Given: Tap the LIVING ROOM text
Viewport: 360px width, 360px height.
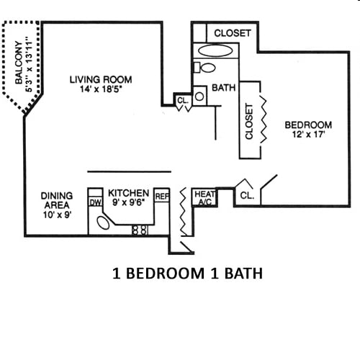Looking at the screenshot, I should tap(101, 79).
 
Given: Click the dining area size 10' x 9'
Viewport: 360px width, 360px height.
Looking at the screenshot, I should tap(56, 215).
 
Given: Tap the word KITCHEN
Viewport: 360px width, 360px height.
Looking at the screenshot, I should tap(128, 194).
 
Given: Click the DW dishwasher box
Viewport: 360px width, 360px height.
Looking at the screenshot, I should tap(95, 202).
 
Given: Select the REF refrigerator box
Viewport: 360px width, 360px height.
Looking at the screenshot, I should tap(162, 194).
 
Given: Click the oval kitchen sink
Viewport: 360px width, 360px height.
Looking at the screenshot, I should tap(105, 222).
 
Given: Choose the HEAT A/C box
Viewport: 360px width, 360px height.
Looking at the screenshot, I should tap(204, 198).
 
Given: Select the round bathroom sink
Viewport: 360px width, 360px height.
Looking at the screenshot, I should tap(199, 94).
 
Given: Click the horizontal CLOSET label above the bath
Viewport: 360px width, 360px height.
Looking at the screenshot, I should tap(233, 33).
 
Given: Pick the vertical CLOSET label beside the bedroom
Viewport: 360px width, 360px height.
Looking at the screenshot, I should tap(249, 121).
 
